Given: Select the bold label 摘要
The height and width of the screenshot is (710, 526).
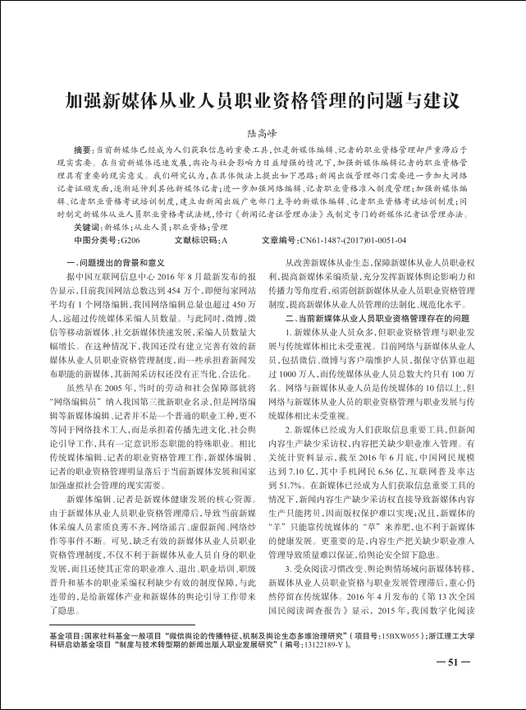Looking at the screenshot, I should pos(85,151).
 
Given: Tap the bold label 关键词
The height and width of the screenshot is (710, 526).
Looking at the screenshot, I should pos(88,225).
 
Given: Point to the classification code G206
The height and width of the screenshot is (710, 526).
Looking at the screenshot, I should pos(130,240).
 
